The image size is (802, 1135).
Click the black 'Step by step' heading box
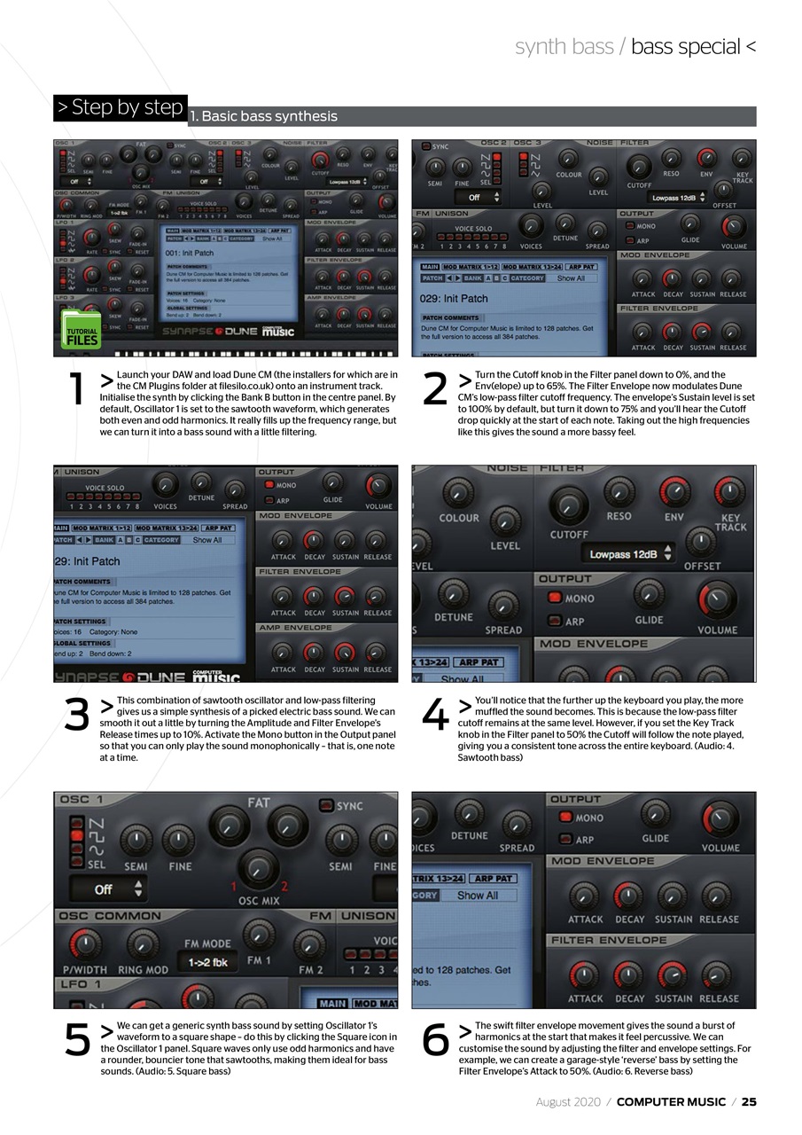coord(120,108)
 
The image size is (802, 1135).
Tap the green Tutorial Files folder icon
coord(81,329)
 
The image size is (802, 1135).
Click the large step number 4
coord(435,716)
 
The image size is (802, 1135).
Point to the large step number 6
coord(435,1040)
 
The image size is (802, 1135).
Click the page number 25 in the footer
coord(749,1102)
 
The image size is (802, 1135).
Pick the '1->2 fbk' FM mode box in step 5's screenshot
coord(207,962)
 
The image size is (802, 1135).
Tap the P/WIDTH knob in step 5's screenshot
coord(84,945)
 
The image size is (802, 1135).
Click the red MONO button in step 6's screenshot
coord(564,818)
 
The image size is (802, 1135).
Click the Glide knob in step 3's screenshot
coord(333,484)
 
